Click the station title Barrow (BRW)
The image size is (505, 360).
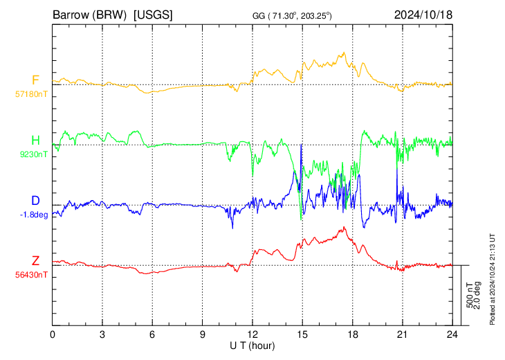tap(89, 15)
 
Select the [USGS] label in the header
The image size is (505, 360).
tap(153, 15)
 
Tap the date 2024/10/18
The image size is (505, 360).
tap(423, 15)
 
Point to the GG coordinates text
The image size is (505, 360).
tap(292, 16)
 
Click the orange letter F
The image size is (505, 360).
tap(35, 80)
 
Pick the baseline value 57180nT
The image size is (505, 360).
tap(31, 94)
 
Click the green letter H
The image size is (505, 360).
tap(35, 141)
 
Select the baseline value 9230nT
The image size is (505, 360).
tap(34, 154)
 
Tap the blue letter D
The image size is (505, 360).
tap(35, 201)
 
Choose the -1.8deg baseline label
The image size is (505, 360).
tap(34, 215)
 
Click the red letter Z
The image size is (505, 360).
tap(35, 260)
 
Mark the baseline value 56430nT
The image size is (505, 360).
tap(31, 275)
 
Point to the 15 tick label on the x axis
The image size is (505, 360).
tap(302, 334)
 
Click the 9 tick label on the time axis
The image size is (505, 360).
tap(202, 334)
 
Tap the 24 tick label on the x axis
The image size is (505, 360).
tap(452, 334)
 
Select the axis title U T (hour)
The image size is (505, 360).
tap(252, 346)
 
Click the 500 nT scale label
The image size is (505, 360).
tap(470, 295)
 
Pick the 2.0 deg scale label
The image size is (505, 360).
tap(477, 295)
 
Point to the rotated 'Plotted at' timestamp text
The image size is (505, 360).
tap(492, 279)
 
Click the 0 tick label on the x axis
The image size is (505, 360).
tap(53, 334)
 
